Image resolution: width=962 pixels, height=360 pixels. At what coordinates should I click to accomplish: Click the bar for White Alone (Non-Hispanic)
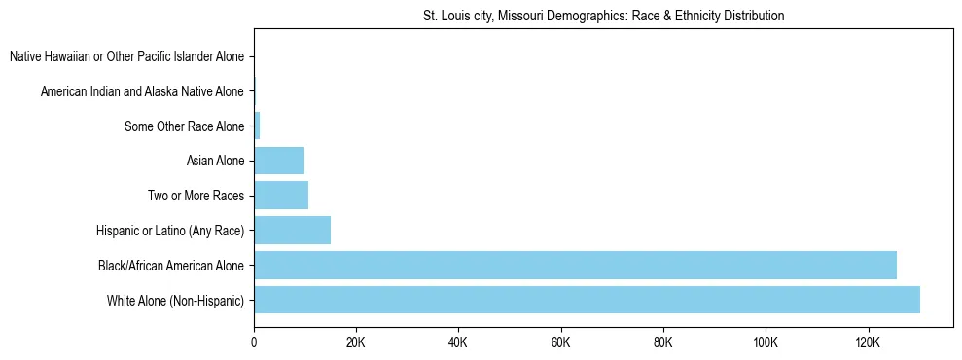pos(587,300)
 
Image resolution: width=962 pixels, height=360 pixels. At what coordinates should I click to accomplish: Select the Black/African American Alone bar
pos(575,265)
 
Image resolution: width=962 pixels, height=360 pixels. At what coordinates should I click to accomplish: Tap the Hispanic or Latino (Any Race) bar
pos(292,230)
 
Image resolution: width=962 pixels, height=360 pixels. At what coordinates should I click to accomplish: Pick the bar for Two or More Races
pos(281,196)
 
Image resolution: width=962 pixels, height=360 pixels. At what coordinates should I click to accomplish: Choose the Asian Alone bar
pos(279,161)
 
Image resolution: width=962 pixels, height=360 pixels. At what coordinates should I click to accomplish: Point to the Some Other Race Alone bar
pos(257,126)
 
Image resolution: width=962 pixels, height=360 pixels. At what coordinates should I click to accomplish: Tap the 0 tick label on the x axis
pos(254,342)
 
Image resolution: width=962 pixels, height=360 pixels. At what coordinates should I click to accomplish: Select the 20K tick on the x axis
pos(356,342)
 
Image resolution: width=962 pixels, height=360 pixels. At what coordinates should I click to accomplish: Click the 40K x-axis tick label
pos(458,342)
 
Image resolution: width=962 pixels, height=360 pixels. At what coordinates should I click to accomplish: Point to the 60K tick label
pos(560,342)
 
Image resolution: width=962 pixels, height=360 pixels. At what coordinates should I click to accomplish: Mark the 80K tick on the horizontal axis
pos(663,342)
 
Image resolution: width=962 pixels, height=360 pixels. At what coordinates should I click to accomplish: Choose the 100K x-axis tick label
pos(766,342)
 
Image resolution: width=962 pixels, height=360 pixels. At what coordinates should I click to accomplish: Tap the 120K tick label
pos(868,342)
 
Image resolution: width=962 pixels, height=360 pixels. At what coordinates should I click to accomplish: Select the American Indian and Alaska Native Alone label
pos(142,92)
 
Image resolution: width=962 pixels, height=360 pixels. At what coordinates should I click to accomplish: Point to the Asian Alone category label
pos(215,161)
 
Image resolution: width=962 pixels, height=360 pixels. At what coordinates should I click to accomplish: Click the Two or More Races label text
pos(196,196)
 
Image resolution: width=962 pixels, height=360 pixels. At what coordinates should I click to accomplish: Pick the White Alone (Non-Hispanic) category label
pos(175,300)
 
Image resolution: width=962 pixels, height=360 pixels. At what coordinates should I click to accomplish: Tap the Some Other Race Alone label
pos(184,126)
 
